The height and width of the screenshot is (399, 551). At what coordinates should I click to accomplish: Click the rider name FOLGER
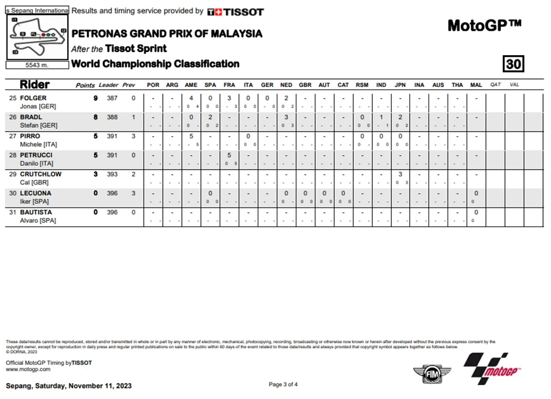(33, 98)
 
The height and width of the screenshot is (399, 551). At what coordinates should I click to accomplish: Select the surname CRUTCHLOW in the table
(40, 174)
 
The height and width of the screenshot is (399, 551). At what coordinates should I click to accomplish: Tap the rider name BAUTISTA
(36, 212)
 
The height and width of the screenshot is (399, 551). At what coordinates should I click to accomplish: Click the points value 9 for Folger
(95, 98)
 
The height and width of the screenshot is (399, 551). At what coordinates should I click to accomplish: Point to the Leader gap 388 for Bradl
(112, 117)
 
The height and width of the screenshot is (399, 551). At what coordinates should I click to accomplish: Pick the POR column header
(153, 85)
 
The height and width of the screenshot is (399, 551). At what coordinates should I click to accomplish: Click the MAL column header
(476, 85)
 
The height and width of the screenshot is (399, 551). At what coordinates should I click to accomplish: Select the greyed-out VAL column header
(514, 85)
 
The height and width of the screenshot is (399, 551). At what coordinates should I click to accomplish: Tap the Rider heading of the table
(35, 84)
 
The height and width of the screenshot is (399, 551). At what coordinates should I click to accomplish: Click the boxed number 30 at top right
(513, 64)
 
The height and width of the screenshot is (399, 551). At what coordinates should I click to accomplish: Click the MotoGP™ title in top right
(484, 26)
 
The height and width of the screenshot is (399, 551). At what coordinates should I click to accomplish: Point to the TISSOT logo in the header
(236, 12)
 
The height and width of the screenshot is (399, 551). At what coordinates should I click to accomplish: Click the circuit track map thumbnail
(37, 37)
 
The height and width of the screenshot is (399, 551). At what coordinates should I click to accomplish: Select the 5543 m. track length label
(37, 65)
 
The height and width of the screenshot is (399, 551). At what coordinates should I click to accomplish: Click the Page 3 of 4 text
(283, 384)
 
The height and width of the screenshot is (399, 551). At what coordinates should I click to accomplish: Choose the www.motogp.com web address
(28, 370)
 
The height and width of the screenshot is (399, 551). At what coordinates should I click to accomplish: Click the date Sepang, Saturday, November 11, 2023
(69, 386)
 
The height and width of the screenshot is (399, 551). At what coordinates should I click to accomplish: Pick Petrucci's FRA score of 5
(228, 155)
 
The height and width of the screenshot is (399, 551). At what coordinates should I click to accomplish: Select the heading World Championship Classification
(156, 64)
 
